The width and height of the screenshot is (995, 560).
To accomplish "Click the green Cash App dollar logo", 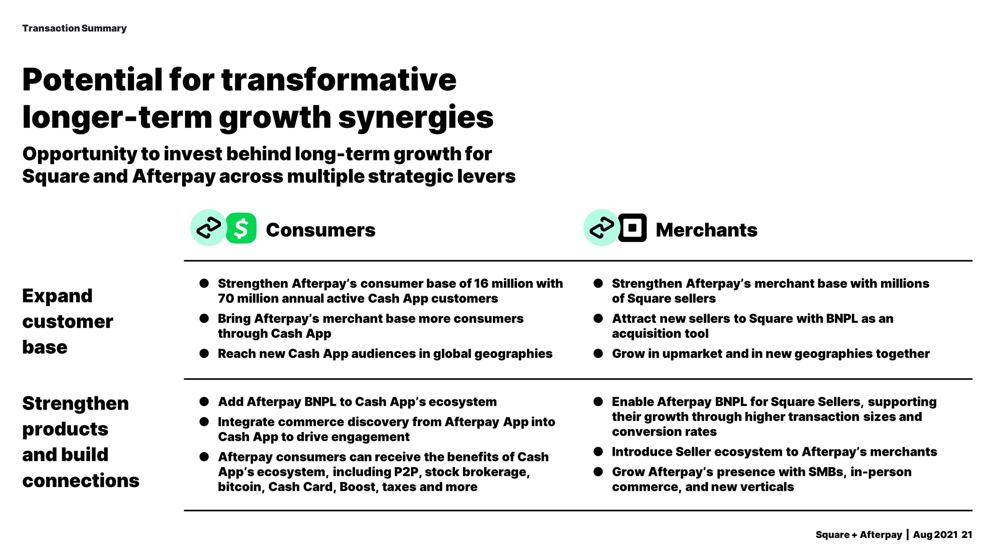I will pyautogui.click(x=241, y=228).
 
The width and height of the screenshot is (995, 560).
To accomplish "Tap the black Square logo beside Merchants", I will pyautogui.click(x=632, y=228).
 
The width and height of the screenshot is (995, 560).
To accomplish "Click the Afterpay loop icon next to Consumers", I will pyautogui.click(x=208, y=228).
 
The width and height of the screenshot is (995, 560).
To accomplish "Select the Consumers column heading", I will pyautogui.click(x=320, y=230).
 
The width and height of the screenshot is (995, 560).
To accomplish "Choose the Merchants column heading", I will pyautogui.click(x=706, y=230).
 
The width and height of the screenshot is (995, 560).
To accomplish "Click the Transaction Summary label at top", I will pyautogui.click(x=74, y=28).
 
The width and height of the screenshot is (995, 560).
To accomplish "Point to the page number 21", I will pyautogui.click(x=967, y=535).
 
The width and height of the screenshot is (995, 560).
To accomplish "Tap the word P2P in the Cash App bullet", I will pyautogui.click(x=406, y=472).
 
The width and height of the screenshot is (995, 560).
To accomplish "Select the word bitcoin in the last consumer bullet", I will pyautogui.click(x=239, y=487).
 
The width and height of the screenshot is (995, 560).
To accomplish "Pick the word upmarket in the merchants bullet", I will pyautogui.click(x=692, y=353).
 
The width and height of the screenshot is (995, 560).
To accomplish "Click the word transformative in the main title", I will pyautogui.click(x=339, y=80).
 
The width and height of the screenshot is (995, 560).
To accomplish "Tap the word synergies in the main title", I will pyautogui.click(x=416, y=117).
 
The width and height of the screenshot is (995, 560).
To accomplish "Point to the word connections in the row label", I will pyautogui.click(x=80, y=480).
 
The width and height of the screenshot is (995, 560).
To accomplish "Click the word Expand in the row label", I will pyautogui.click(x=57, y=296).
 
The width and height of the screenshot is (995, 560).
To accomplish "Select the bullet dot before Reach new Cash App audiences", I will pyautogui.click(x=204, y=353).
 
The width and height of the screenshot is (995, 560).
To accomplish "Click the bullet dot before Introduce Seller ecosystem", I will pyautogui.click(x=598, y=451).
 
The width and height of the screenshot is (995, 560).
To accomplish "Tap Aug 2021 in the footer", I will pyautogui.click(x=935, y=535).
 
